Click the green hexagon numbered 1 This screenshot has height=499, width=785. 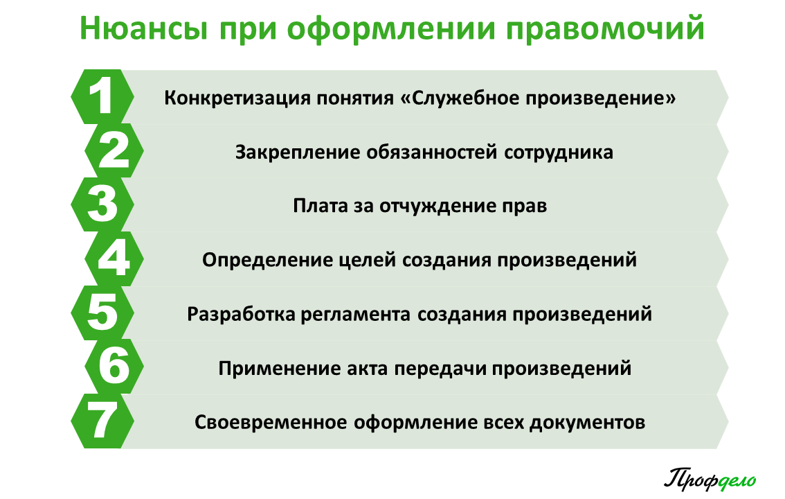coord(102,97)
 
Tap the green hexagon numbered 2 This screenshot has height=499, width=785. coord(114,151)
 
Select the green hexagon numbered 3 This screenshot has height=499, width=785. coord(102,204)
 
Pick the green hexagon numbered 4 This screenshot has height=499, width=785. coord(114,259)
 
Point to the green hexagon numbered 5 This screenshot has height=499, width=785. coord(102,313)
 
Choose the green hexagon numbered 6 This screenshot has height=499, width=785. coord(114,367)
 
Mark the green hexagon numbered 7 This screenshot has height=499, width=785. coord(102,421)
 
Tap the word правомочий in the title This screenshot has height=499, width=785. coord(605,29)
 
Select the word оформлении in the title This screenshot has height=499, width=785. coord(391,29)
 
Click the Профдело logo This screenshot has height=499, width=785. coord(710,480)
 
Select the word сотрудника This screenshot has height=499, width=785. coord(558,152)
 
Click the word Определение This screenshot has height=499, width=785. coord(267,260)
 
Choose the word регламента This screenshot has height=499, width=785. coord(355,315)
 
